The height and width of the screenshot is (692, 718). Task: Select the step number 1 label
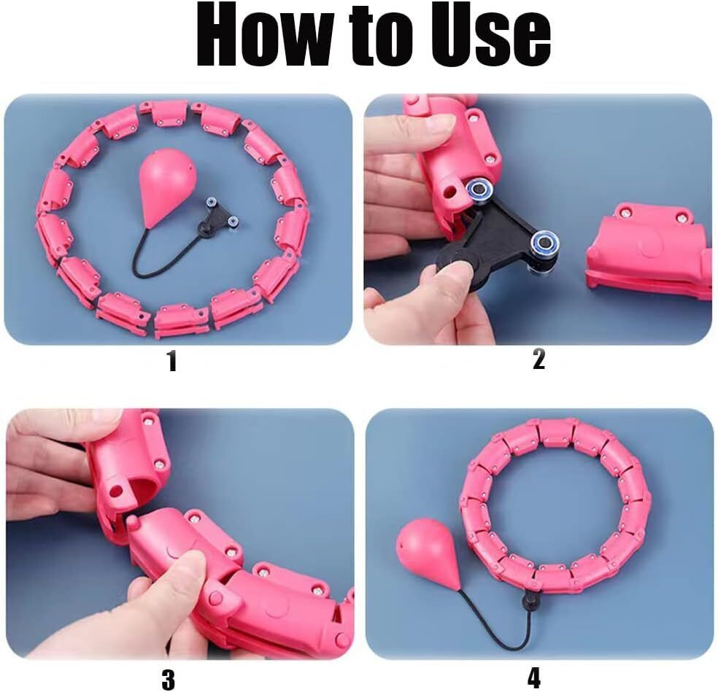click(x=171, y=362)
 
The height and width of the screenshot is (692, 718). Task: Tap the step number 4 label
click(x=534, y=677)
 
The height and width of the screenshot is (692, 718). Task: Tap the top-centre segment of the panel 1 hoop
click(x=169, y=113)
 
